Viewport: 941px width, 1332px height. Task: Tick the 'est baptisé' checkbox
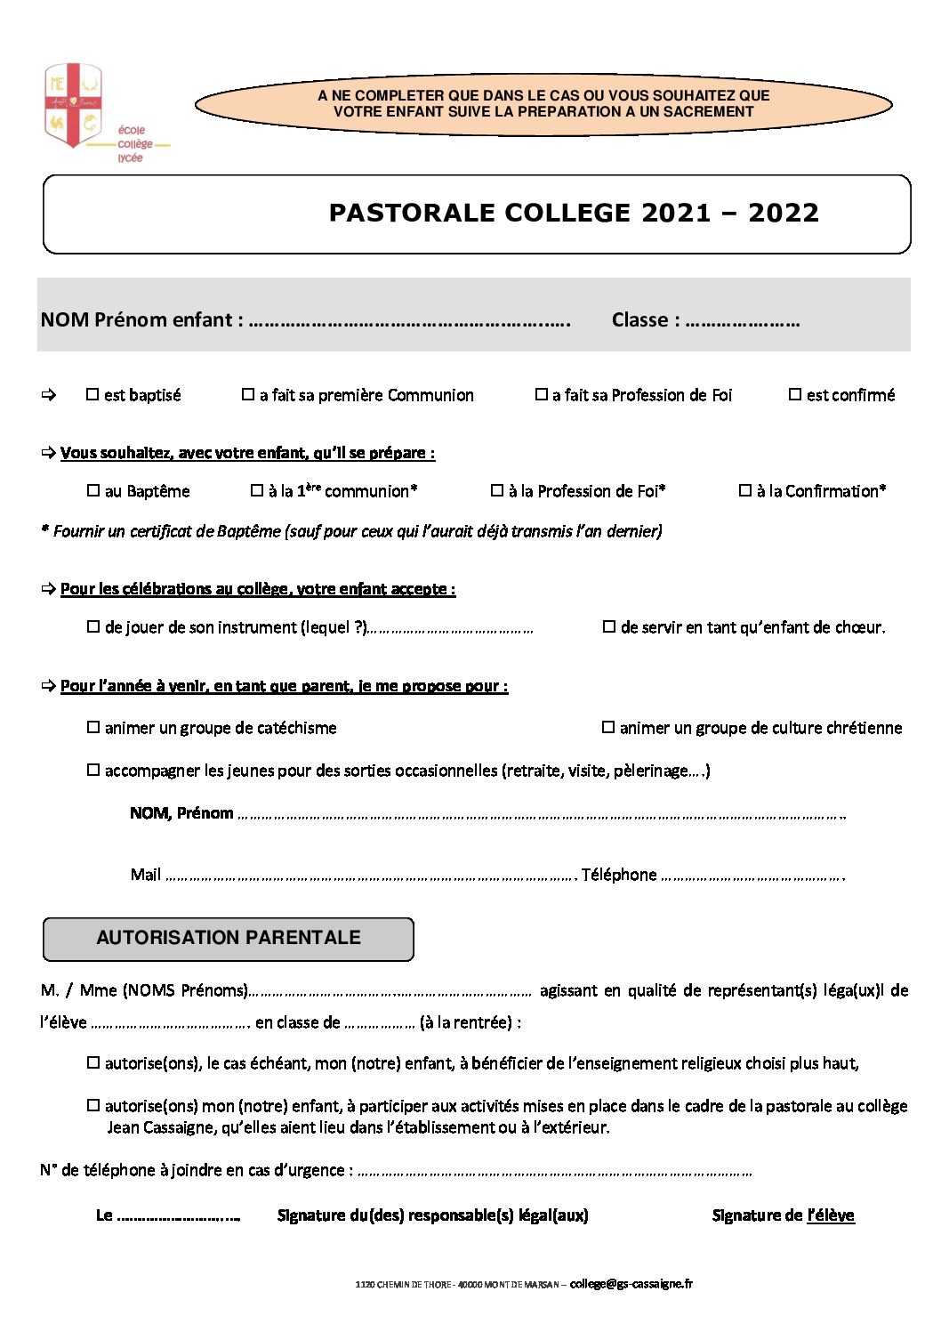pos(92,394)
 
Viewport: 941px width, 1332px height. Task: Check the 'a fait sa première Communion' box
pos(248,394)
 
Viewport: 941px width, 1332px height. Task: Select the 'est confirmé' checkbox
pos(795,394)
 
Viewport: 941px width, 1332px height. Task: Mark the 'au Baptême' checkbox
pos(93,490)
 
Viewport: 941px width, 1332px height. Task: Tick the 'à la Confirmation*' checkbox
pos(745,490)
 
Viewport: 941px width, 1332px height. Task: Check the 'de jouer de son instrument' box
pos(93,626)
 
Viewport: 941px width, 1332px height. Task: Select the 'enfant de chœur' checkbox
pos(609,626)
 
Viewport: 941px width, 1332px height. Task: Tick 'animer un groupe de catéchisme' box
pos(93,727)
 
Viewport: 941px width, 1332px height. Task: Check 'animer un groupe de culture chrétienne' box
pos(608,727)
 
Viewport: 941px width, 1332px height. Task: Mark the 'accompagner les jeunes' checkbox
pos(93,770)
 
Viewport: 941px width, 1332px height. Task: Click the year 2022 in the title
pos(783,213)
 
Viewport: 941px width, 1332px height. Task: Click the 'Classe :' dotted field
pos(743,322)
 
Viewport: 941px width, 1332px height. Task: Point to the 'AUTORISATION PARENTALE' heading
pos(229,938)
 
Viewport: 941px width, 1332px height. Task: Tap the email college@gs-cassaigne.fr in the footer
pos(631,1283)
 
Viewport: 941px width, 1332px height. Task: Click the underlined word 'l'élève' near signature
pos(831,1215)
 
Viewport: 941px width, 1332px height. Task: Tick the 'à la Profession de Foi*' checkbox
pos(497,490)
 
